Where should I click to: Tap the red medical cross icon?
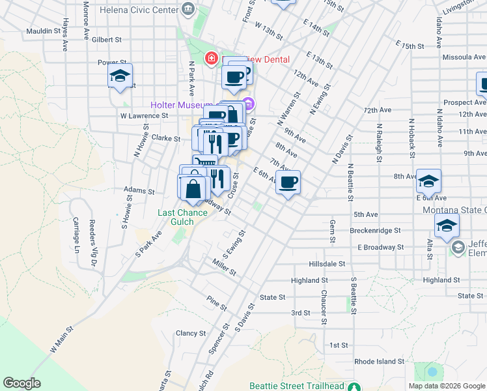coord(212,59)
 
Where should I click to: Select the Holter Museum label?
coord(182,104)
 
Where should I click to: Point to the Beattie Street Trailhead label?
coord(298,386)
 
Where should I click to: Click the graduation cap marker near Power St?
coord(120,77)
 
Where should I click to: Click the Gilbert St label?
coord(107,40)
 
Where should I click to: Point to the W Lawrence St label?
coord(144,115)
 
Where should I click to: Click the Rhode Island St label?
coord(380,361)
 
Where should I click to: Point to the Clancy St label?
coord(191,333)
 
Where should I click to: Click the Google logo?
coord(21,383)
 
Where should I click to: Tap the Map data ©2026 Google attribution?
coord(446,386)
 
